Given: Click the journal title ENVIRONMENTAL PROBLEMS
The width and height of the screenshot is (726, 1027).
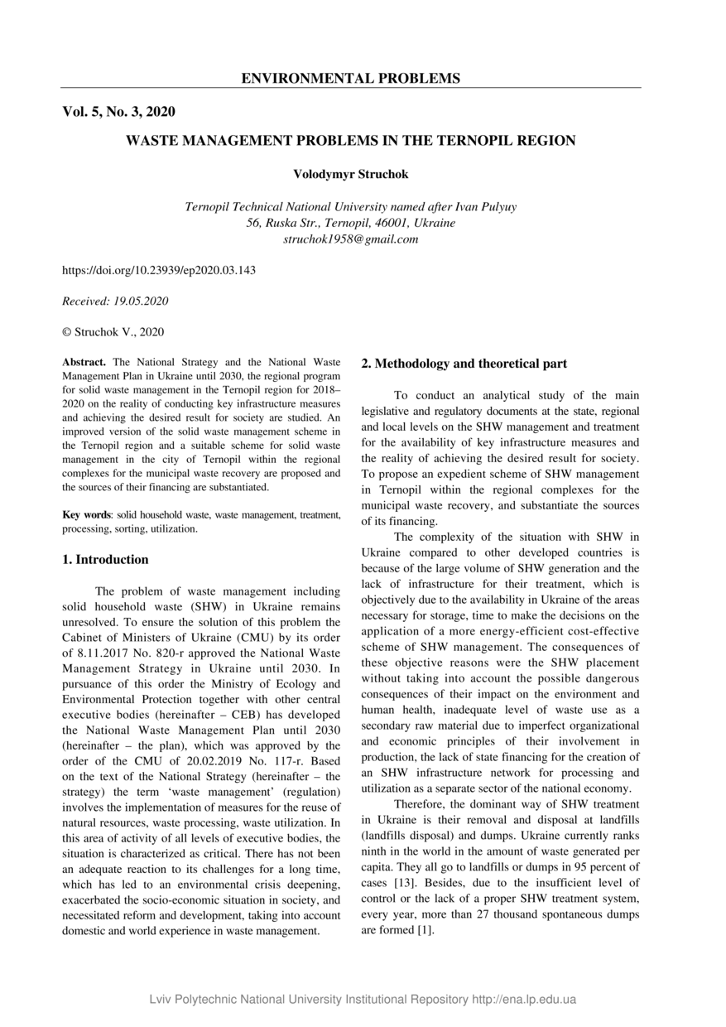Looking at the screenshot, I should pyautogui.click(x=350, y=79).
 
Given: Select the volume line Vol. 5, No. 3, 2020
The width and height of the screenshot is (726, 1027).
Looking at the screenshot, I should pyautogui.click(x=118, y=111).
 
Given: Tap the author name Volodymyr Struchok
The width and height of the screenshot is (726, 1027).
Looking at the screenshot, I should pyautogui.click(x=350, y=174).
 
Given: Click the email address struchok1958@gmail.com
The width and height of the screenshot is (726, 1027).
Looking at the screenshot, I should pyautogui.click(x=350, y=239).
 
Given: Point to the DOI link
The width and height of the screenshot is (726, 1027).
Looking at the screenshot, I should pyautogui.click(x=159, y=270).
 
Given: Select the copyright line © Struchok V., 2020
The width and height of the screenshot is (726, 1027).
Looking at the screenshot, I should pyautogui.click(x=113, y=332).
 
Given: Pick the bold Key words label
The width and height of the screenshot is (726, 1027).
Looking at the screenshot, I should pyautogui.click(x=87, y=514).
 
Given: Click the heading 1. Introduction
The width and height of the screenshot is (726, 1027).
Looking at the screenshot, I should pyautogui.click(x=106, y=559).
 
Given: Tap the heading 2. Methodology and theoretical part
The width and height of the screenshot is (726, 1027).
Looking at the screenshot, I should pyautogui.click(x=464, y=364).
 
